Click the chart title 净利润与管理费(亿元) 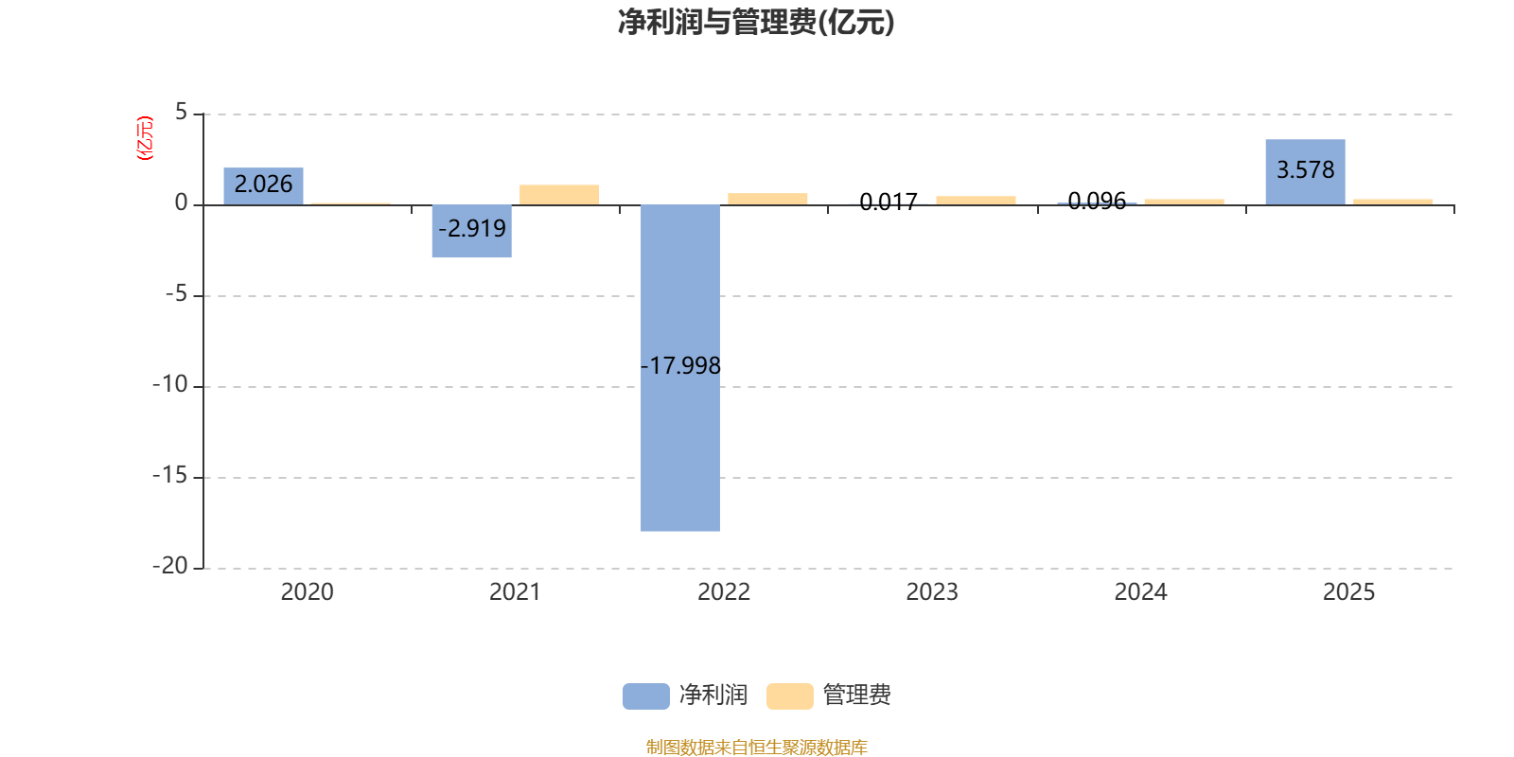pos(756,23)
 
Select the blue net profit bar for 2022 pos(680,368)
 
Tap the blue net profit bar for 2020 pos(264,185)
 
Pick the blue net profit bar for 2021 pos(472,231)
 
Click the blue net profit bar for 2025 pos(1305,171)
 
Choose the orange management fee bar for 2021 pos(559,195)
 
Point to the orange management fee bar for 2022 pos(767,199)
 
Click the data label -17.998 pos(680,365)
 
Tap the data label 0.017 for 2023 pos(889,202)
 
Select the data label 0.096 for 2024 pos(1097,201)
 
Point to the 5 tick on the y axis pos(181,112)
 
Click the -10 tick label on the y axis pos(169,384)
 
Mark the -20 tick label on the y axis pos(169,566)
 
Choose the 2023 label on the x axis pos(932,592)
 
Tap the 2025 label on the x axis pos(1348,592)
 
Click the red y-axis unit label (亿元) pos(145,138)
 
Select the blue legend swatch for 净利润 pos(645,696)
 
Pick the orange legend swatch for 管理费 pos(789,696)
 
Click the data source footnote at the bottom pos(756,747)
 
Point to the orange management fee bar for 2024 pos(1184,202)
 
